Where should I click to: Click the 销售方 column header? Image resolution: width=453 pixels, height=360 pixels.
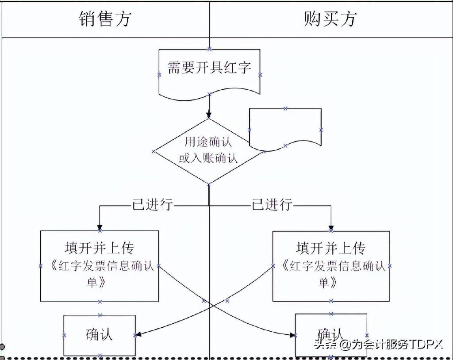click(105, 19)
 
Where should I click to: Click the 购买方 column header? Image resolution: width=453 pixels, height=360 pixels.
click(330, 19)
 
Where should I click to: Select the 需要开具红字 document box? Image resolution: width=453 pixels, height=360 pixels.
click(209, 71)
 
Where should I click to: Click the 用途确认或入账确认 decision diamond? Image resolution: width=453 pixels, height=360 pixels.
click(209, 150)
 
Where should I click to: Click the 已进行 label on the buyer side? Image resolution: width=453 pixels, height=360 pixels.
click(272, 205)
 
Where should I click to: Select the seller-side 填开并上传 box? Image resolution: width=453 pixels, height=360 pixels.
click(100, 265)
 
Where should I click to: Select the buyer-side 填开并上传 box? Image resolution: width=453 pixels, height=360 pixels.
click(331, 265)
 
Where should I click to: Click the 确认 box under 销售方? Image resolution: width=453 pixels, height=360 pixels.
click(100, 335)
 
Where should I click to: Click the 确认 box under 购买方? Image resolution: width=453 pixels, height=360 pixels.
click(331, 335)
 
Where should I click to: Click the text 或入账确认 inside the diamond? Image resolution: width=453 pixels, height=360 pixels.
click(208, 158)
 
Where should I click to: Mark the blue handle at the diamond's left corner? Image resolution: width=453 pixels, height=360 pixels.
click(154, 151)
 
